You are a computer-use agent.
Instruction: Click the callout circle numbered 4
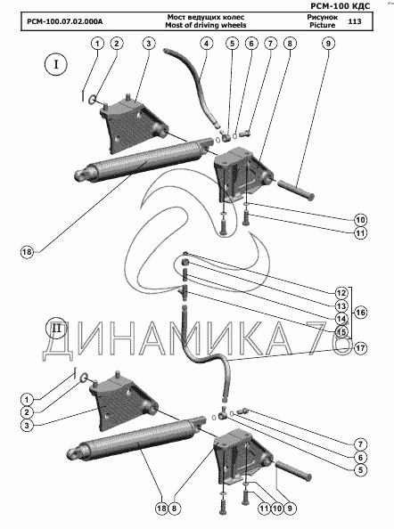(x=206, y=44)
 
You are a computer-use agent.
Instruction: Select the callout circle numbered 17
(x=360, y=348)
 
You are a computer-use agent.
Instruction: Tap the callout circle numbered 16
(x=360, y=313)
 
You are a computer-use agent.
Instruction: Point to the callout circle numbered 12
(x=341, y=292)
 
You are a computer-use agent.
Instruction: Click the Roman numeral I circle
(x=56, y=64)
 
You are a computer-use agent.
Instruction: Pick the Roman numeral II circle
(x=56, y=328)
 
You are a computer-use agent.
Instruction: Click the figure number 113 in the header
(x=354, y=21)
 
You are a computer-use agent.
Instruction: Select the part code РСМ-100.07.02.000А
(x=65, y=21)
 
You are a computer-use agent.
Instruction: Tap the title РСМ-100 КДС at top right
(x=340, y=5)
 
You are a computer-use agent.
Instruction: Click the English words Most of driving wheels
(x=206, y=25)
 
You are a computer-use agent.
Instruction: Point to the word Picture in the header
(x=323, y=25)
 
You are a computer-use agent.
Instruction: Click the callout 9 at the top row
(x=328, y=44)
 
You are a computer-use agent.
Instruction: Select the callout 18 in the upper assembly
(x=28, y=252)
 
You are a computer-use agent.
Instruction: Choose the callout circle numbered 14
(x=341, y=319)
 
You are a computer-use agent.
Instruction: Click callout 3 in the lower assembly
(x=27, y=426)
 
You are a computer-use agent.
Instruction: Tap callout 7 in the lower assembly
(x=360, y=444)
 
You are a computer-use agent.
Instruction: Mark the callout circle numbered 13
(x=341, y=305)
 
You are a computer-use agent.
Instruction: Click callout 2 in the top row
(x=117, y=44)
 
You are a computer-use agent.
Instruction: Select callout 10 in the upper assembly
(x=360, y=220)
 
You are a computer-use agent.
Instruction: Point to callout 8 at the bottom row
(x=174, y=509)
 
